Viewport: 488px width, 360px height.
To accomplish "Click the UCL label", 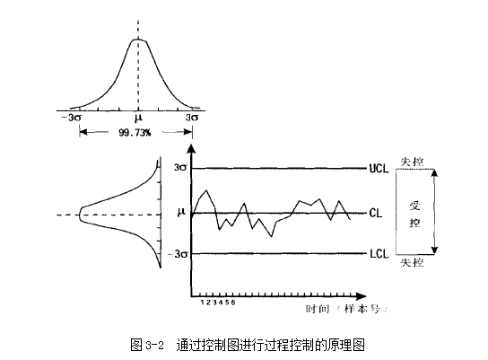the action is coord(379,169).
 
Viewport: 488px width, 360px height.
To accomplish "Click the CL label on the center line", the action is coord(376,214).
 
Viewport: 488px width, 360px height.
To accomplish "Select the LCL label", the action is coord(379,254).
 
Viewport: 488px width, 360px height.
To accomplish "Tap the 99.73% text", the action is coord(135,133).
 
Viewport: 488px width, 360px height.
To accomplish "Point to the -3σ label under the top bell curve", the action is coord(71,118).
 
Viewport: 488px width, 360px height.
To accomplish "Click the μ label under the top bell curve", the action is coord(138,118).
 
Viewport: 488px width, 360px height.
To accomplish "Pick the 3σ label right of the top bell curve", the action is coord(192,118).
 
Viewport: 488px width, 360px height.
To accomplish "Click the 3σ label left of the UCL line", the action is coord(180,168).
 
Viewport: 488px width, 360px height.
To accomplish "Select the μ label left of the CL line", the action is coord(181,212).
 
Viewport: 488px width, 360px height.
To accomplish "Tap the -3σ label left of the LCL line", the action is coord(178,254).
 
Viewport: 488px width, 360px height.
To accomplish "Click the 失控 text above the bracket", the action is coord(412,162).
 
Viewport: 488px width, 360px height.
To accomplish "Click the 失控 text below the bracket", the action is coord(412,263).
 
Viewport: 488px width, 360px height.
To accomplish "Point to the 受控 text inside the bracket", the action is coord(414,215).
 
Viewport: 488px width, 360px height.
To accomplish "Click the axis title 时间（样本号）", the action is coord(346,309).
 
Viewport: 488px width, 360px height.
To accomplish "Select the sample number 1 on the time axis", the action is coord(203,303).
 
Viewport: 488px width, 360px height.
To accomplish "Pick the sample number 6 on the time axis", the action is coord(233,303).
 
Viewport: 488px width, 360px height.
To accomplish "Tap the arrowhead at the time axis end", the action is coord(361,296).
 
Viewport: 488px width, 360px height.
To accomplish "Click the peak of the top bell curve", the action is coord(138,40).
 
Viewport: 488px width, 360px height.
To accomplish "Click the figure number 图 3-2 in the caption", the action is coord(147,345).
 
